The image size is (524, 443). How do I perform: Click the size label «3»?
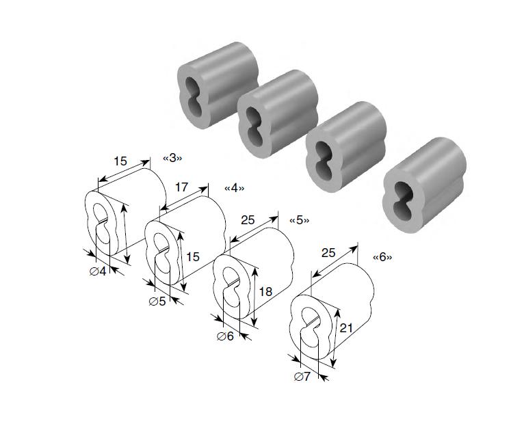(x=172, y=158)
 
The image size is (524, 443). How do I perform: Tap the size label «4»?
(x=234, y=189)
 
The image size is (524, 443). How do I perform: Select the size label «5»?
(x=299, y=220)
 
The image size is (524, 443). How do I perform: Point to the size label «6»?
(x=382, y=257)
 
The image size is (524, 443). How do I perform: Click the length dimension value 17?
(x=181, y=187)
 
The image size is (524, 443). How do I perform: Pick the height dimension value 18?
(x=265, y=292)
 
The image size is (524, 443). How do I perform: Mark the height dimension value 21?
(x=346, y=327)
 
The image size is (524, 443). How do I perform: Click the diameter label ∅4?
(x=98, y=271)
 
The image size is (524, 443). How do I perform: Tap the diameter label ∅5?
(x=157, y=301)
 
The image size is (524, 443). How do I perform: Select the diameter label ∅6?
(x=225, y=336)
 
